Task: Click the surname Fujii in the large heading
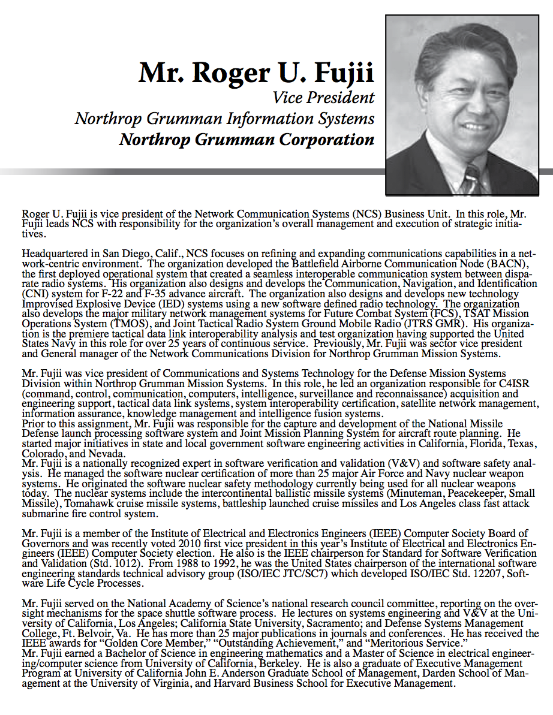(x=341, y=73)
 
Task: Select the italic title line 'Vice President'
(x=323, y=97)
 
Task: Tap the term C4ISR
(x=503, y=384)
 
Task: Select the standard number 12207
(x=479, y=574)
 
